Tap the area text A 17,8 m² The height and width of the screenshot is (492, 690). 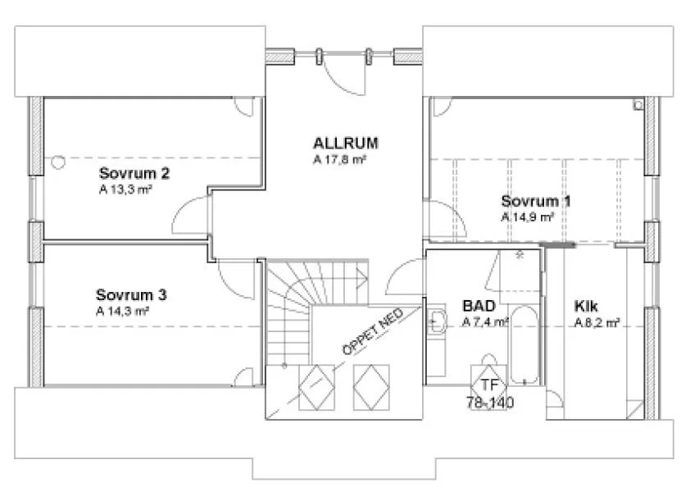(x=338, y=161)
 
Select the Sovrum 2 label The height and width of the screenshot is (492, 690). (x=134, y=173)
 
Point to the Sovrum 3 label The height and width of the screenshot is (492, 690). (x=131, y=294)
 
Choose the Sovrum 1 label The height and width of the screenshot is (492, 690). (x=536, y=201)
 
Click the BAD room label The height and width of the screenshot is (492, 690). (x=478, y=306)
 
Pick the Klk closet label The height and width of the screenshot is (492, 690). (x=586, y=306)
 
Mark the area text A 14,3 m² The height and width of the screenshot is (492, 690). (x=122, y=311)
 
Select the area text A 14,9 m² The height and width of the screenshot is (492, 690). (x=528, y=217)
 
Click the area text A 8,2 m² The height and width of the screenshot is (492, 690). (x=596, y=322)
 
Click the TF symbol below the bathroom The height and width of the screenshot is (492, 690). (x=489, y=385)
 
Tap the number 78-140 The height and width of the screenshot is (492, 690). (x=489, y=403)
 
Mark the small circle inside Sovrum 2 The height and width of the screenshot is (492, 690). (x=57, y=162)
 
